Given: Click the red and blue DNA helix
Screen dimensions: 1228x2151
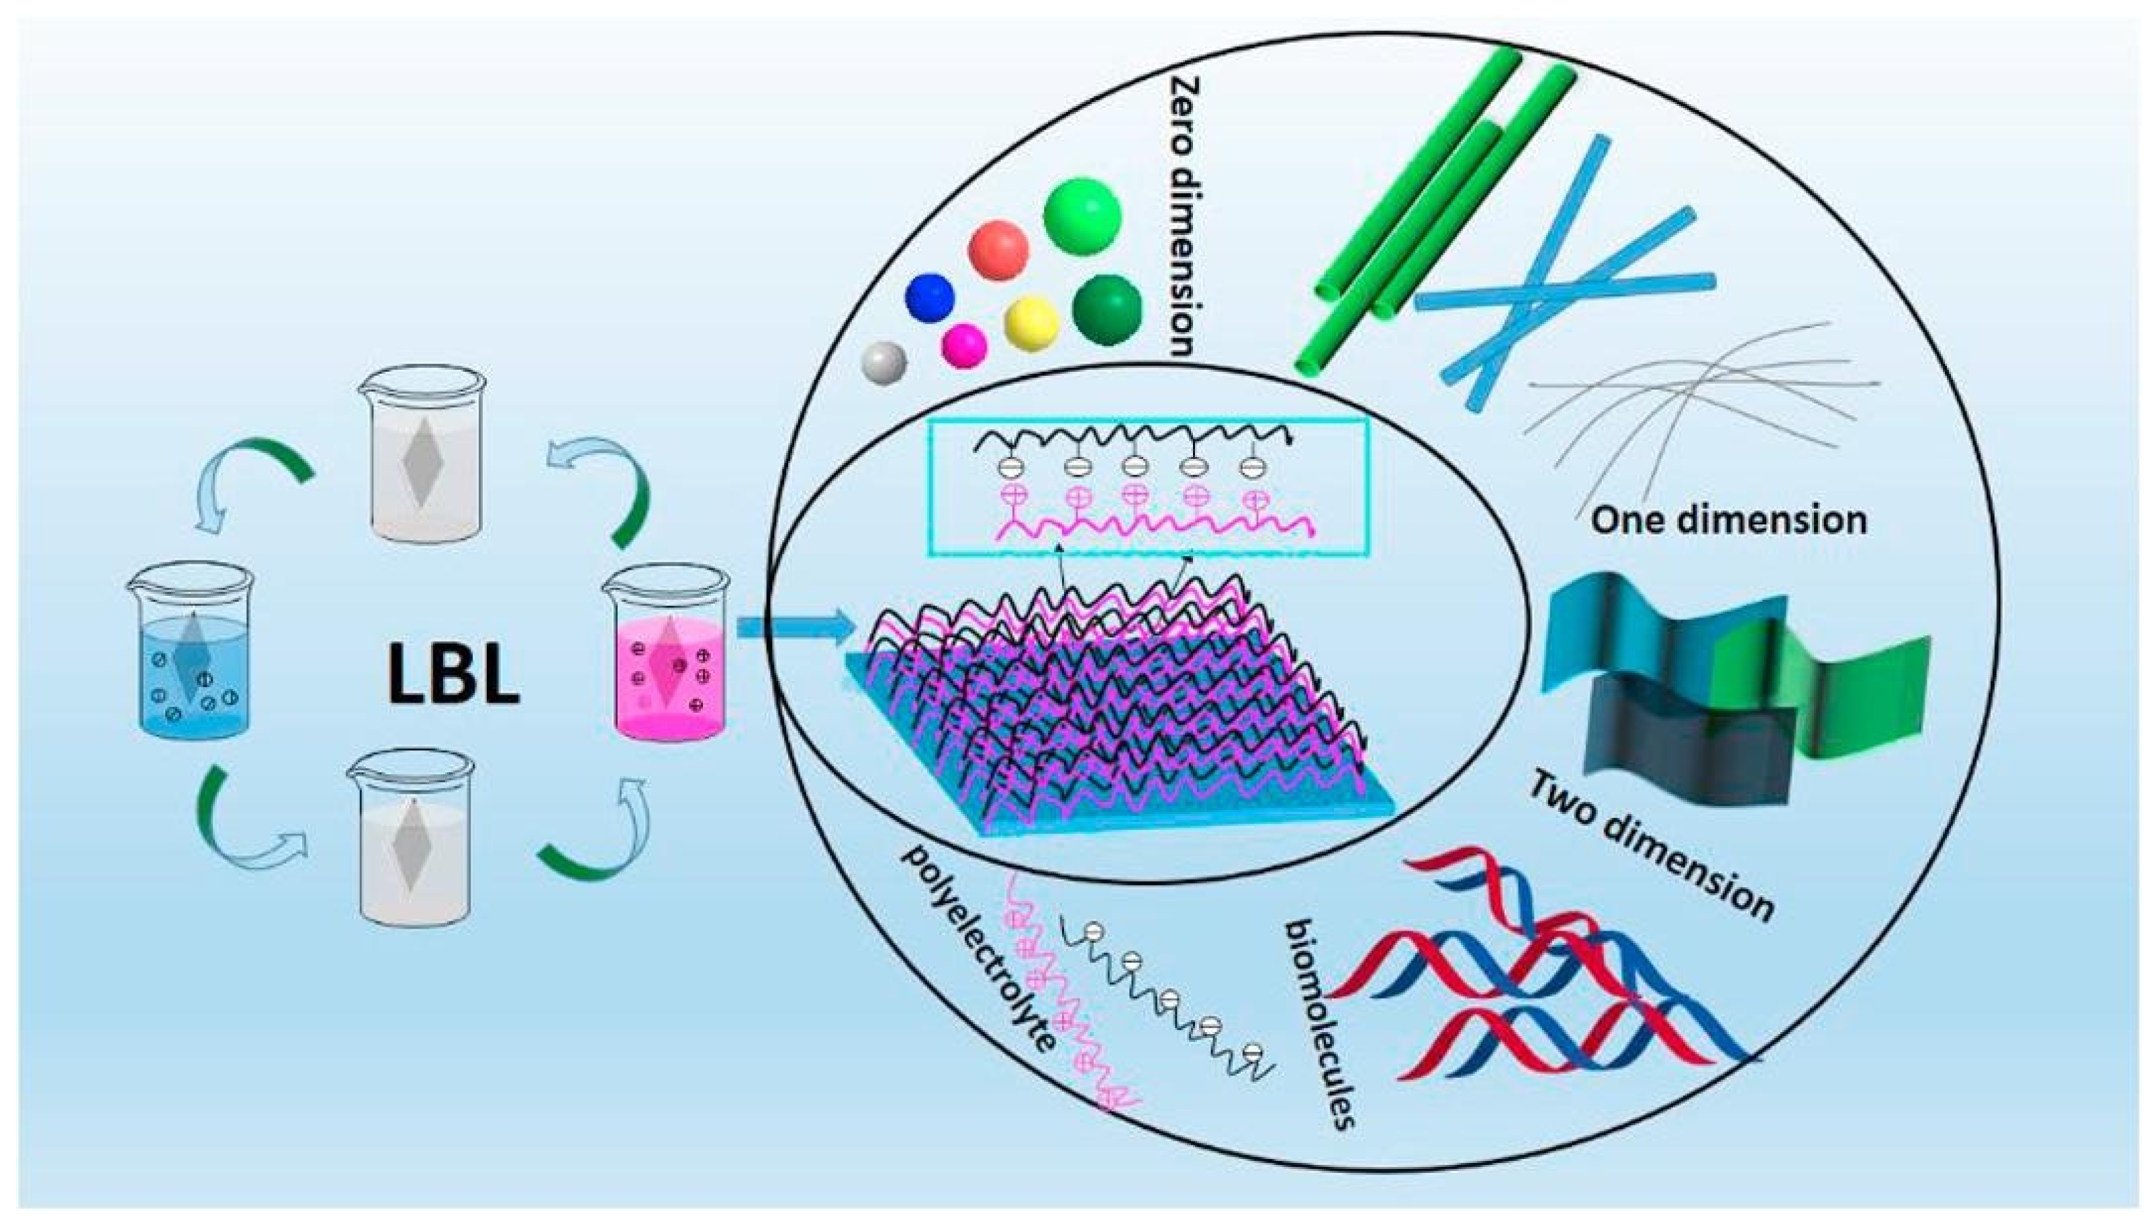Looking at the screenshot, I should click(x=1527, y=978).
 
